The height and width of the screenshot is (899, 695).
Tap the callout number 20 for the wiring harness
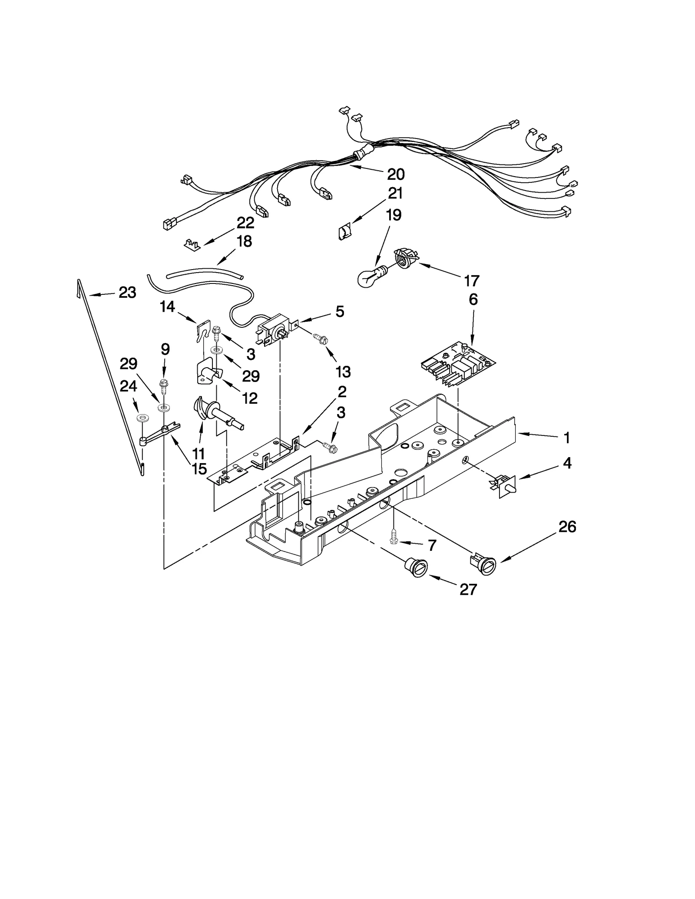coord(395,175)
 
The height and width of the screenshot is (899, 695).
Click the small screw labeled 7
coord(394,537)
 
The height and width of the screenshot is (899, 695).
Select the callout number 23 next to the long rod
coord(127,293)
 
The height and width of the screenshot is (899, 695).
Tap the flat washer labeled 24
coord(142,418)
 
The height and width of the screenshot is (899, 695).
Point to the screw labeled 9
coord(164,386)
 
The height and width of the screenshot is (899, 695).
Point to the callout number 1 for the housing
coord(566,438)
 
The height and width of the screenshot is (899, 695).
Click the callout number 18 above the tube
coord(245,241)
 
